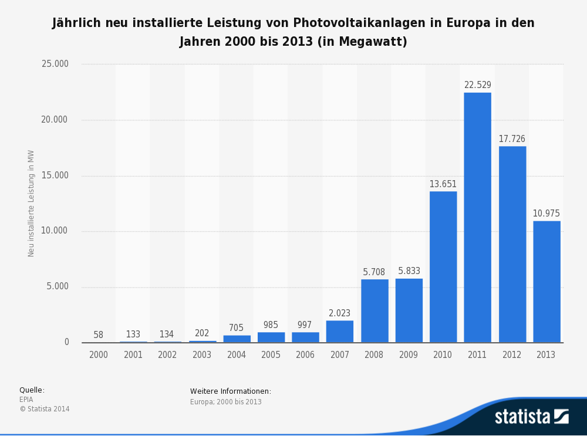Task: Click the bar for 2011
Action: pyautogui.click(x=477, y=217)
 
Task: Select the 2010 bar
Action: pyautogui.click(x=443, y=267)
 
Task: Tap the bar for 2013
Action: pyautogui.click(x=546, y=282)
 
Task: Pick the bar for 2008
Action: pyautogui.click(x=375, y=311)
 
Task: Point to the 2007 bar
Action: pyautogui.click(x=340, y=332)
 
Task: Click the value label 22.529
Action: pyautogui.click(x=477, y=85)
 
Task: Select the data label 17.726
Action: pyautogui.click(x=512, y=139)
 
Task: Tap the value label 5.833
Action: pyautogui.click(x=409, y=271)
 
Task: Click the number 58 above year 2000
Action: pyautogui.click(x=98, y=335)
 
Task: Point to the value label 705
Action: pyautogui.click(x=237, y=328)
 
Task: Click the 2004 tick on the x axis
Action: pyautogui.click(x=237, y=355)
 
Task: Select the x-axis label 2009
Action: pyautogui.click(x=409, y=355)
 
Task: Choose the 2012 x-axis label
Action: pyautogui.click(x=512, y=355)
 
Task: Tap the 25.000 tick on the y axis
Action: pyautogui.click(x=55, y=64)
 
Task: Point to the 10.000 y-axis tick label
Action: pyautogui.click(x=55, y=231)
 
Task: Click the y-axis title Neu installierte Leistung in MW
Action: pyautogui.click(x=31, y=203)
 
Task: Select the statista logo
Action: pyautogui.click(x=531, y=417)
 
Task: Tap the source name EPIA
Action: pyautogui.click(x=26, y=400)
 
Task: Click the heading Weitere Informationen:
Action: pyautogui.click(x=231, y=391)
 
